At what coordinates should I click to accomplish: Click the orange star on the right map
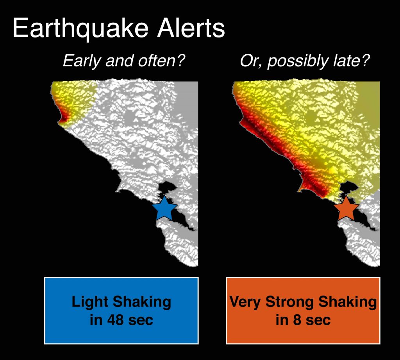pos(346,209)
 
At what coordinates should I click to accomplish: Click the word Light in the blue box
pos(89,302)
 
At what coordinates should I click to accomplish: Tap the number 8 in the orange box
pos(296,320)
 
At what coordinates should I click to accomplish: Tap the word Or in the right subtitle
pos(246,62)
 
